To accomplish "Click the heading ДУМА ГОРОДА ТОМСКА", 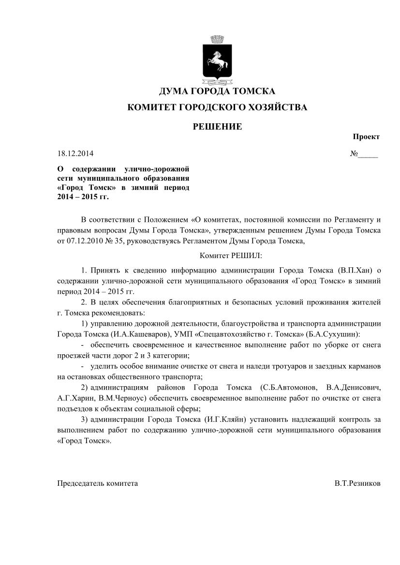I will pos(217,91).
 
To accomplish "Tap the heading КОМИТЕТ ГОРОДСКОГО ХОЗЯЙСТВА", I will pos(217,107).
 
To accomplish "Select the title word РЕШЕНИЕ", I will pos(217,127).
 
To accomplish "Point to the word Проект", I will pos(366,137).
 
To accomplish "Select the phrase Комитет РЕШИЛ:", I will pos(231,255).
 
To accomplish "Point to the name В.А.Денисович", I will pos(354,388).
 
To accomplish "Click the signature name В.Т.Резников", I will pos(357,483).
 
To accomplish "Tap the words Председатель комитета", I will pos(98,483).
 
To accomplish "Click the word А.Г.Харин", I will pos(76,399).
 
